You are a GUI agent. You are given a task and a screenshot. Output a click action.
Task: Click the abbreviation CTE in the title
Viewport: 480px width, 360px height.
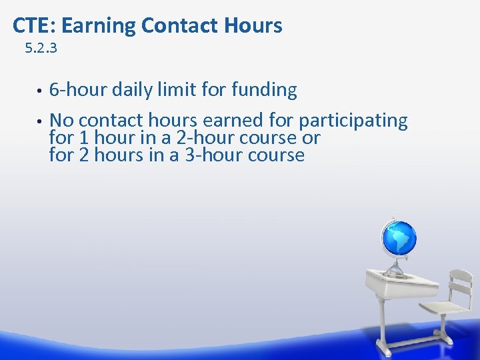27,26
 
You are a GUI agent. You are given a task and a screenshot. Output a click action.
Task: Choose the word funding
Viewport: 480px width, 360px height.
264,89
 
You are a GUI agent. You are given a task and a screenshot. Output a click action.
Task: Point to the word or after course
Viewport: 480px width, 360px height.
311,139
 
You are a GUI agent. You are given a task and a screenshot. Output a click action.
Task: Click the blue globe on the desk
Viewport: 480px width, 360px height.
399,238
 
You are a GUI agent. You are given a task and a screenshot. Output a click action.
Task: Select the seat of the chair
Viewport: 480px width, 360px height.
444,308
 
